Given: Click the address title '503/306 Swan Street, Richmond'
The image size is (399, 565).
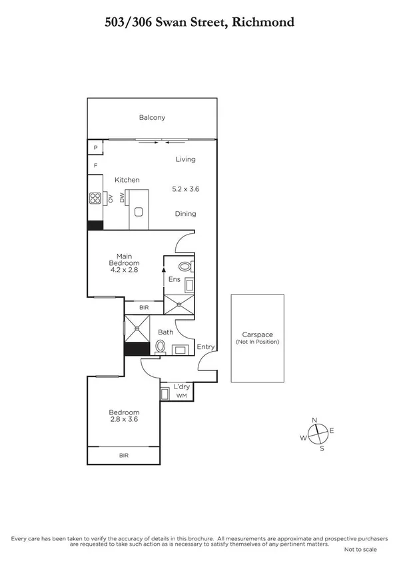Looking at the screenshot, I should (x=200, y=22).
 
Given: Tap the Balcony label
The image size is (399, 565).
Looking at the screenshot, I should (x=152, y=118).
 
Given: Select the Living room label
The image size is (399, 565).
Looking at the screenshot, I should (x=185, y=159).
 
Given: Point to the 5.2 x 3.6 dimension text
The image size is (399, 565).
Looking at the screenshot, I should (x=185, y=189).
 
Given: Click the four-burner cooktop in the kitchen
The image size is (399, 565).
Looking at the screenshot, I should (x=95, y=198).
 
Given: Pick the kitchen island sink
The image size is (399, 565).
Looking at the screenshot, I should (x=139, y=213).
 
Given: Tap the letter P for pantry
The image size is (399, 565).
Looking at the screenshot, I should (x=95, y=148).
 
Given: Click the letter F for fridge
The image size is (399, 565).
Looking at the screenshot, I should (x=95, y=165).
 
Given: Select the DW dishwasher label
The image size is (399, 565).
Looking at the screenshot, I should (x=122, y=198).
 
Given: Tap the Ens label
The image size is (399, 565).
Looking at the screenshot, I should (x=175, y=279).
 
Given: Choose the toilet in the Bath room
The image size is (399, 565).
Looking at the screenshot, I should (x=160, y=346).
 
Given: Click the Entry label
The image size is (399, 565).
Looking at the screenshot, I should (x=205, y=346).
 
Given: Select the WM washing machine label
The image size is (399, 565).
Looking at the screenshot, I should (x=181, y=396).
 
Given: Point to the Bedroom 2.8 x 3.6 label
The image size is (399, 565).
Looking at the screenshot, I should (x=124, y=416).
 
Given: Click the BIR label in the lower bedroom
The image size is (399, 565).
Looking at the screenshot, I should (x=124, y=455).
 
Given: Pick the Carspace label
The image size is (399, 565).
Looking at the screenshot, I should (x=258, y=334).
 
